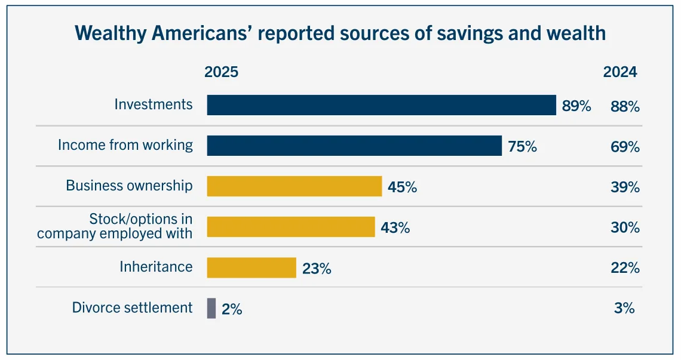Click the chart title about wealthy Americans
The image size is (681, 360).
coord(340,33)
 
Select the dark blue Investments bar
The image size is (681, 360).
coord(381,105)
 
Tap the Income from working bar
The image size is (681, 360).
coord(354,146)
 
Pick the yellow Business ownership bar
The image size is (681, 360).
coord(294,186)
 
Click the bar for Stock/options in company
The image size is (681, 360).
coord(290,227)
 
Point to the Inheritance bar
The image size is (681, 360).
coord(251,267)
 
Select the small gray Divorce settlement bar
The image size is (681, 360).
coord(211,308)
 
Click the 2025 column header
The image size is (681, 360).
coord(221,72)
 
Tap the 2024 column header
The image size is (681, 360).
coord(620,72)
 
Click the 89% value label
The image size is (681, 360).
coord(576,106)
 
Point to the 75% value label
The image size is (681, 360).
coord(522,147)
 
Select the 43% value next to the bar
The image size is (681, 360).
coord(395,227)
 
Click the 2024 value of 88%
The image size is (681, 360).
coord(625,106)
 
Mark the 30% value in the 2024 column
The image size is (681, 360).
coord(625,227)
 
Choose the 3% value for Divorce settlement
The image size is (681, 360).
coord(624,309)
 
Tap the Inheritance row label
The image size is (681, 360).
coord(156,267)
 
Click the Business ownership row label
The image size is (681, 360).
coord(129,186)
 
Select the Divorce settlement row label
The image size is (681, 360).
coord(132,307)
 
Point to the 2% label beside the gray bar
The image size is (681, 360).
coord(232,309)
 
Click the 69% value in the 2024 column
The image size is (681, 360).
coord(625,147)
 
